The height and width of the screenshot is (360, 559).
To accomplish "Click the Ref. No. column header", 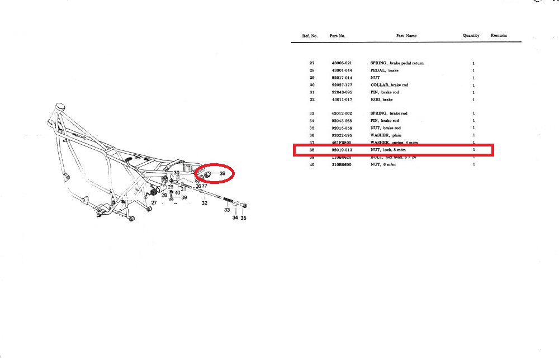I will [x=310, y=36].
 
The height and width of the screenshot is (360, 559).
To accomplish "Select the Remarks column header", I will [x=499, y=35].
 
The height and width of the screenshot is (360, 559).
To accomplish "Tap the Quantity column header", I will [x=471, y=36].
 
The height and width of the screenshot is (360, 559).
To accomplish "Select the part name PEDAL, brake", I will [x=385, y=70].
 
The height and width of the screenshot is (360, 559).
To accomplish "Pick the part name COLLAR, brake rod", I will [x=389, y=85].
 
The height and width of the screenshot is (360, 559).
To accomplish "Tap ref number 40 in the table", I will [x=311, y=164].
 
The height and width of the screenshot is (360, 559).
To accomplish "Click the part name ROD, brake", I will [x=381, y=100].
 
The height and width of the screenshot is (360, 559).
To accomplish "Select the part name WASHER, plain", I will [x=385, y=135].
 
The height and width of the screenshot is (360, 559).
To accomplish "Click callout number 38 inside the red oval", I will [x=222, y=174].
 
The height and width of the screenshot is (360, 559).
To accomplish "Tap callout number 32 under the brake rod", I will [x=205, y=203].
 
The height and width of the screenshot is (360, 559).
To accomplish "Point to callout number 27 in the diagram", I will [x=154, y=203].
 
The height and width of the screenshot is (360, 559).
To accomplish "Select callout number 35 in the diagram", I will [x=243, y=219].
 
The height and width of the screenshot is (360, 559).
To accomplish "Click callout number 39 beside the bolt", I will [x=183, y=198].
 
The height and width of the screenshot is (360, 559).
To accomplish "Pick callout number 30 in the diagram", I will [x=176, y=173].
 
